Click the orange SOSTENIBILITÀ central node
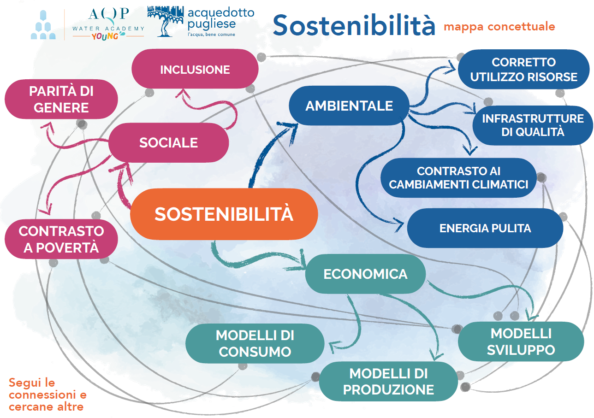[224, 214]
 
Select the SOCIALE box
[168, 142]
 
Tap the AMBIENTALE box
[349, 106]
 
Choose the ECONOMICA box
[365, 274]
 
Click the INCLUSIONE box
[195, 70]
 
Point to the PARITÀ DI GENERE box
[61, 99]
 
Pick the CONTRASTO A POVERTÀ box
[61, 239]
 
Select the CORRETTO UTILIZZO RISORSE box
[523, 69]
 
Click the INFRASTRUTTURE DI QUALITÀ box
[533, 125]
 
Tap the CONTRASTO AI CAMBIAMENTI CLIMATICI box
[458, 177]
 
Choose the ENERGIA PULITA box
[485, 228]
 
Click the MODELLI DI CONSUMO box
[255, 343]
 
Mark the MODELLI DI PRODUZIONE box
[388, 381]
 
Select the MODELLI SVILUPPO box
[521, 341]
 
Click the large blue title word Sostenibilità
[354, 25]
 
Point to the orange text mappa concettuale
[499, 26]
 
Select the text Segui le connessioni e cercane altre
[47, 395]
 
